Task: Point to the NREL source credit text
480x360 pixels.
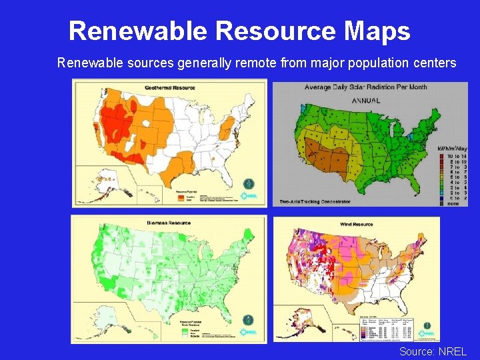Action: coord(433,351)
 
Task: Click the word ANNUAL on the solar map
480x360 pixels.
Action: coord(366,101)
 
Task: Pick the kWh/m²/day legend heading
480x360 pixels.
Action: coord(451,148)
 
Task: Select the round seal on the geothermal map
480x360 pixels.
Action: coord(248,182)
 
